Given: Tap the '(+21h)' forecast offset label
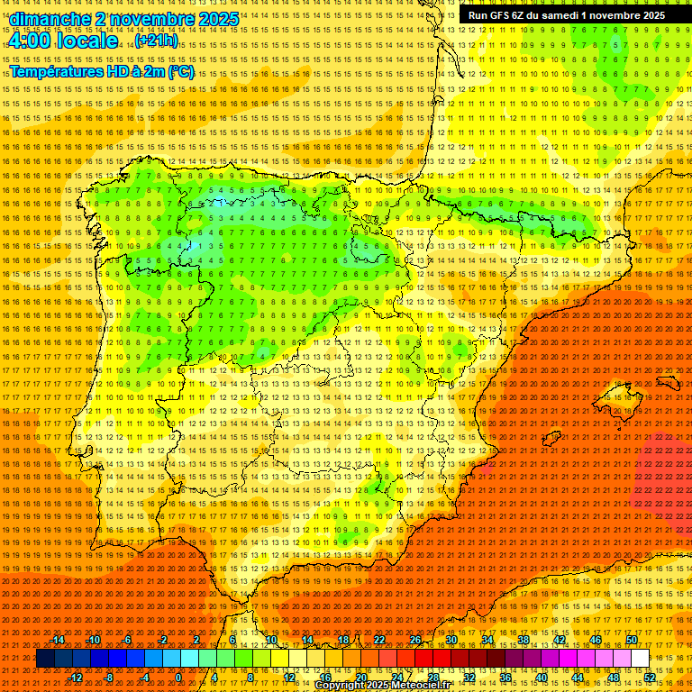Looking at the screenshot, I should pos(156,41).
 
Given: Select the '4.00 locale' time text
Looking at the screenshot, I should pos(62,41).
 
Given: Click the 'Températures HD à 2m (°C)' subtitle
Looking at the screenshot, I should pos(102,72).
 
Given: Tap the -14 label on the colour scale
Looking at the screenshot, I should pos(59,640).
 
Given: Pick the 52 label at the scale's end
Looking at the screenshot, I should pos(649,678).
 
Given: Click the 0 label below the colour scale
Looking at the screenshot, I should pos(178,678).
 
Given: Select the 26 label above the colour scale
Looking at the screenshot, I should pos(415,640).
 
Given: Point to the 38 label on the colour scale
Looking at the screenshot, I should pos(523,640).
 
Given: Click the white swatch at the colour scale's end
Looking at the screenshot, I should pos(640,659).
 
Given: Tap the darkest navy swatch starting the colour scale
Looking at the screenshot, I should pos(45,659).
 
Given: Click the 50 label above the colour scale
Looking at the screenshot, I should pos(631,640).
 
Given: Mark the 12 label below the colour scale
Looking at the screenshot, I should pos(289,678).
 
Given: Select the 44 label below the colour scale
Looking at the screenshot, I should pos(577,678).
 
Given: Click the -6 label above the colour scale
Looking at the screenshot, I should pos(128,640).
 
